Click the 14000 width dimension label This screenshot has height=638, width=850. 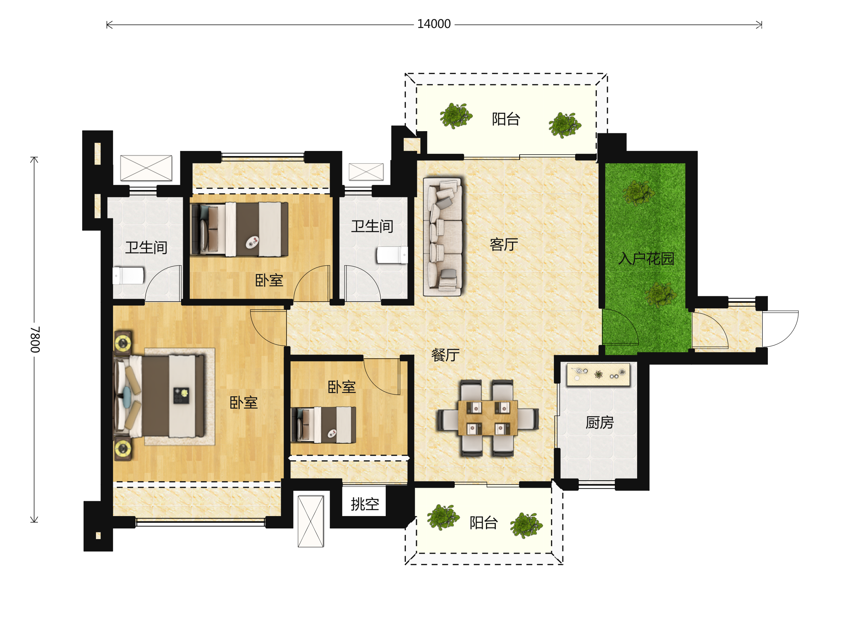[434, 24]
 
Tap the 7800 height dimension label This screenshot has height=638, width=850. [35, 340]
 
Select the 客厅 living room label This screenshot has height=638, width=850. [504, 244]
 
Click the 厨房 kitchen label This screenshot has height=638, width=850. [600, 422]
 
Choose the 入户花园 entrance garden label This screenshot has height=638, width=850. [646, 258]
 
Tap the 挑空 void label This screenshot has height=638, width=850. [365, 504]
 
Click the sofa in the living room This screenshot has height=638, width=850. [442, 236]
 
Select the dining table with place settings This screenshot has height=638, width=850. [488, 418]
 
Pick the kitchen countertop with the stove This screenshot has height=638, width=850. [598, 374]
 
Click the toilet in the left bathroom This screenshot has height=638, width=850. [128, 276]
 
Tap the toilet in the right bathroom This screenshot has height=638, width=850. [392, 255]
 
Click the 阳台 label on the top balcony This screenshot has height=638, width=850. [506, 119]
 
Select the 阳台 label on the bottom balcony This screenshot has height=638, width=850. [483, 523]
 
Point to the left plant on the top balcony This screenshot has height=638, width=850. [456, 115]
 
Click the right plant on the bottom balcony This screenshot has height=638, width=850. [526, 525]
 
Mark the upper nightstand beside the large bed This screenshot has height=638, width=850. [123, 342]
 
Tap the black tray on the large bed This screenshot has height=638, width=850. [181, 395]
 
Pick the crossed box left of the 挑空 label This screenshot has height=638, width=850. [311, 521]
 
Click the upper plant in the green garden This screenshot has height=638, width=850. [639, 193]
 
